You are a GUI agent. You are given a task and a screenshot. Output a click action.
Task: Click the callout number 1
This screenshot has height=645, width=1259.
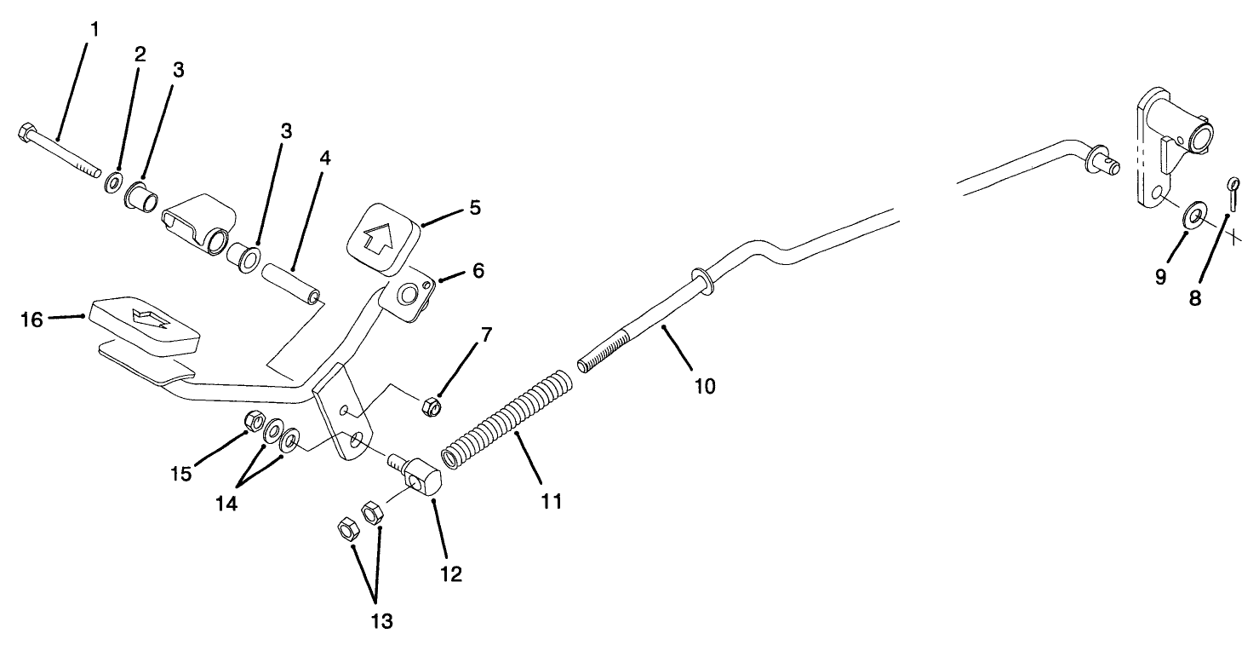pyautogui.click(x=94, y=30)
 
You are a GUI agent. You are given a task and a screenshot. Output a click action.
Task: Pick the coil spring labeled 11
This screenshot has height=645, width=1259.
pyautogui.click(x=506, y=414)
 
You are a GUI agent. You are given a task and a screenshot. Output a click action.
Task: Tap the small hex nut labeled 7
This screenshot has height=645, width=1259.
pyautogui.click(x=432, y=407)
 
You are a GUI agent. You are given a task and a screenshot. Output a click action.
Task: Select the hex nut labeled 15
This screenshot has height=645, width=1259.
pyautogui.click(x=253, y=420)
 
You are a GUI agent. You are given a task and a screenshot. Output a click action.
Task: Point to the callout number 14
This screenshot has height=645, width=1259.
pyautogui.click(x=226, y=503)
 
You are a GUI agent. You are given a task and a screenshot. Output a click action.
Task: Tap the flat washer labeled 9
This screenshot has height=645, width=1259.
pyautogui.click(x=1193, y=215)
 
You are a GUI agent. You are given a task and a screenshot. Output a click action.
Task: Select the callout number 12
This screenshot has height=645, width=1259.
pyautogui.click(x=450, y=574)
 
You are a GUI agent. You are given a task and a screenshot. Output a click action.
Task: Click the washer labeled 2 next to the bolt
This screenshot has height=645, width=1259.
pyautogui.click(x=112, y=183)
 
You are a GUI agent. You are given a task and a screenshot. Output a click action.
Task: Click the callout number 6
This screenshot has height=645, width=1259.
pyautogui.click(x=478, y=271)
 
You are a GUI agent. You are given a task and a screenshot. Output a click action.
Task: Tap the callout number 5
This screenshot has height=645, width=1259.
pyautogui.click(x=475, y=207)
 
